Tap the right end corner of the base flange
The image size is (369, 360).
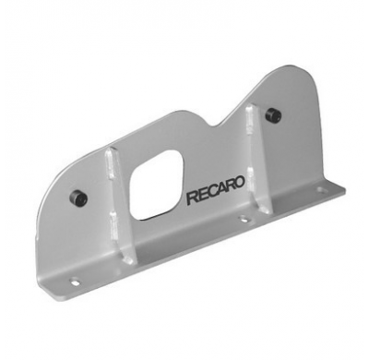coord(342,190)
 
